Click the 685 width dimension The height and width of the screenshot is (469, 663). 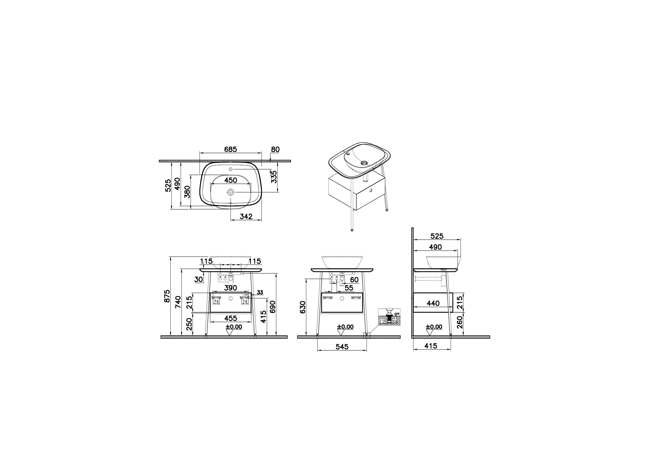click(x=230, y=149)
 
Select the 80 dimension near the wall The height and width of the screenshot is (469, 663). click(x=275, y=149)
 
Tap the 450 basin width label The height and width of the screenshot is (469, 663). click(x=231, y=180)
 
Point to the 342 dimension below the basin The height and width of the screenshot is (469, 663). click(x=246, y=216)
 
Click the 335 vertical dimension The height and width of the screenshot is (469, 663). click(x=274, y=177)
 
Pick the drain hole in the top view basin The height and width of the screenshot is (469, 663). click(x=230, y=192)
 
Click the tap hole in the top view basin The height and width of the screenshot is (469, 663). click(x=231, y=169)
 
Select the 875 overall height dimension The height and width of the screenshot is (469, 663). click(x=167, y=296)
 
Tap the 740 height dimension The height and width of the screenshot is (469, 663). click(x=178, y=302)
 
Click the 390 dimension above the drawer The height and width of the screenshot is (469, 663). click(x=231, y=288)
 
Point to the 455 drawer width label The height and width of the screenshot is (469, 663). click(x=231, y=318)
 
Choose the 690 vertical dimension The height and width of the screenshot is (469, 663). click(x=273, y=307)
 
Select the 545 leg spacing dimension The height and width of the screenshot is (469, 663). click(x=342, y=347)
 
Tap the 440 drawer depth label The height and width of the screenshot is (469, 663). click(x=433, y=303)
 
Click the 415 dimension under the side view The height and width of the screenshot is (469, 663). click(x=431, y=346)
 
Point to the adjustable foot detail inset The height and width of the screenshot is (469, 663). click(x=389, y=317)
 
